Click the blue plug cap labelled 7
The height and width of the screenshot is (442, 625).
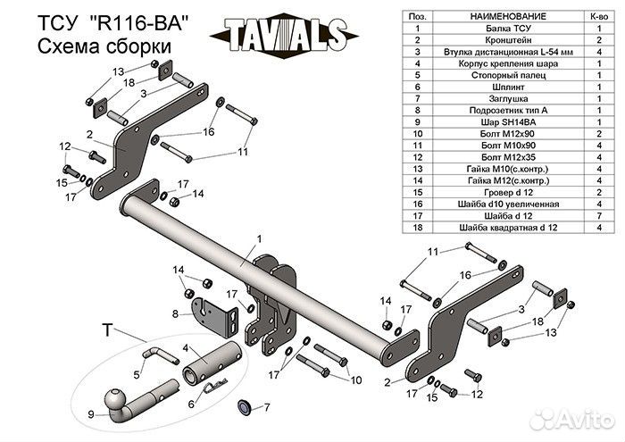[x=240, y=407]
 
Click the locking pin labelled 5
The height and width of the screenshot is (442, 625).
[x=158, y=355]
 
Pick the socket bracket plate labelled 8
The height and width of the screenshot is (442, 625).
[x=216, y=312]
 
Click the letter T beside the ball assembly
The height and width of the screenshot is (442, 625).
[x=107, y=330]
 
